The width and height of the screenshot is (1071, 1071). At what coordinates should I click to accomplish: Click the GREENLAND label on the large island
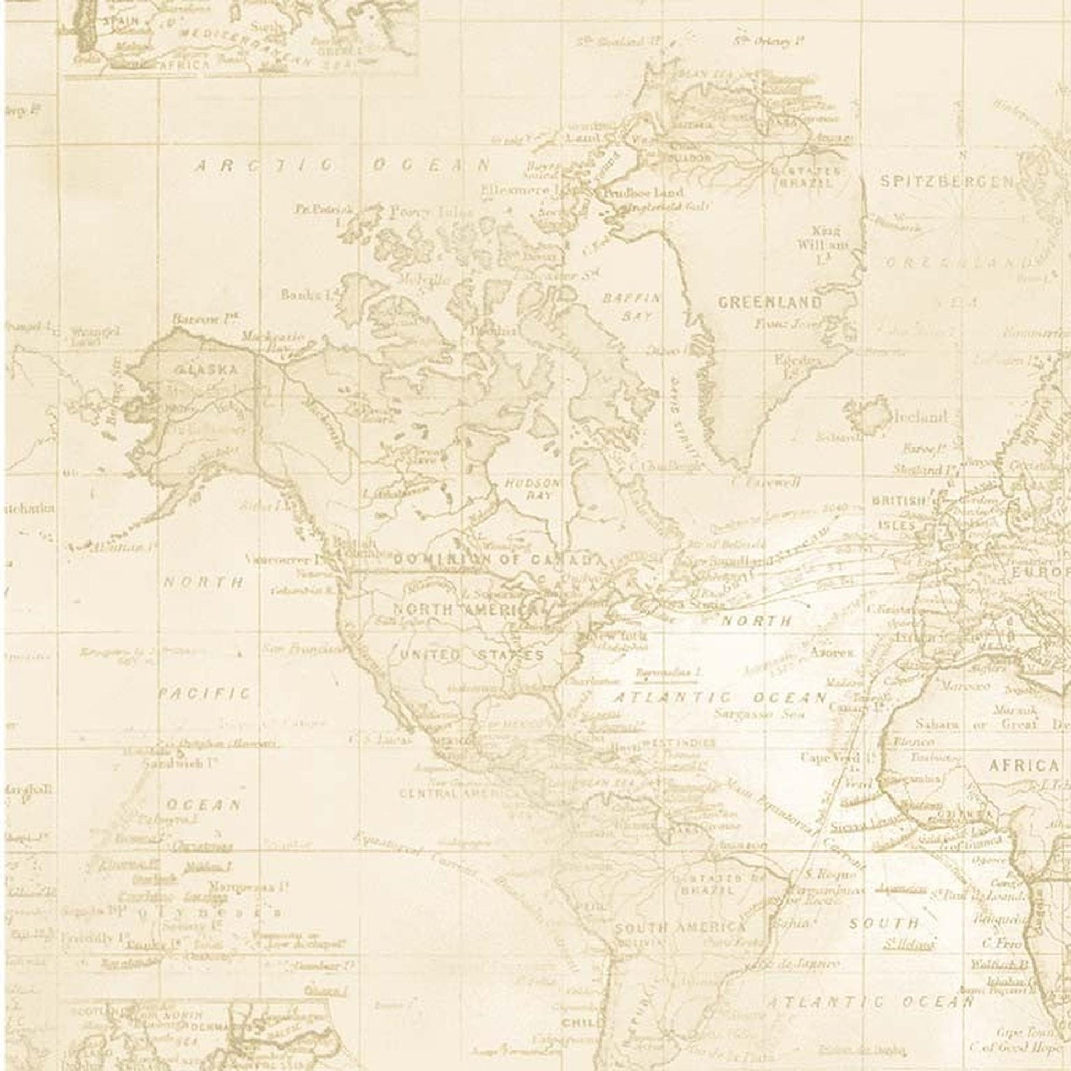click(x=770, y=302)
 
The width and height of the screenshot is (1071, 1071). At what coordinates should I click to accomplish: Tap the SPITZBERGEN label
click(x=946, y=182)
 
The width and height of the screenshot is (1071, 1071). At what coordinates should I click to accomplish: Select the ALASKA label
click(x=206, y=370)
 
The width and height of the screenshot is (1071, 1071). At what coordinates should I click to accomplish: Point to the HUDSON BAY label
click(x=532, y=489)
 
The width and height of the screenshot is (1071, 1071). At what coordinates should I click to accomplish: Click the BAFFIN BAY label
click(x=631, y=307)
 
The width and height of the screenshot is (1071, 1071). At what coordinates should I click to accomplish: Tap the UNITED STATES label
click(x=472, y=656)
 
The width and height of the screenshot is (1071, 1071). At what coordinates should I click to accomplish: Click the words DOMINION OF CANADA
click(x=496, y=559)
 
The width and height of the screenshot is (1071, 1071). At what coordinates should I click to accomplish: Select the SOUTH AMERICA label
click(x=680, y=927)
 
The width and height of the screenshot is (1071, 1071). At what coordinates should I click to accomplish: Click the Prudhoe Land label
click(x=642, y=194)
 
